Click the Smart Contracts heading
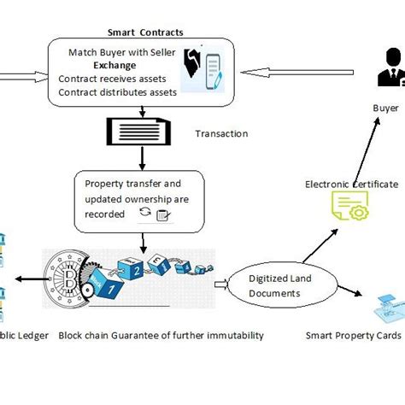[x=145, y=33]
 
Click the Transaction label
[x=221, y=133]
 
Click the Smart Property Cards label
[x=353, y=335]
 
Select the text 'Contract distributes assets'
[x=118, y=91]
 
